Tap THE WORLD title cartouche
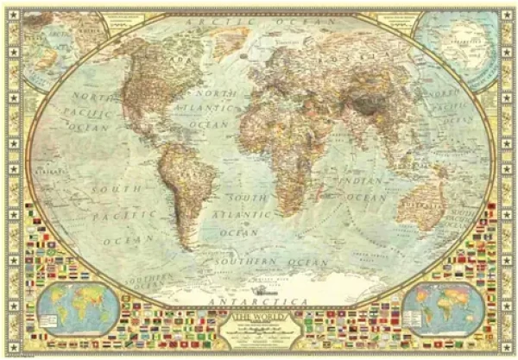[259, 332]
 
